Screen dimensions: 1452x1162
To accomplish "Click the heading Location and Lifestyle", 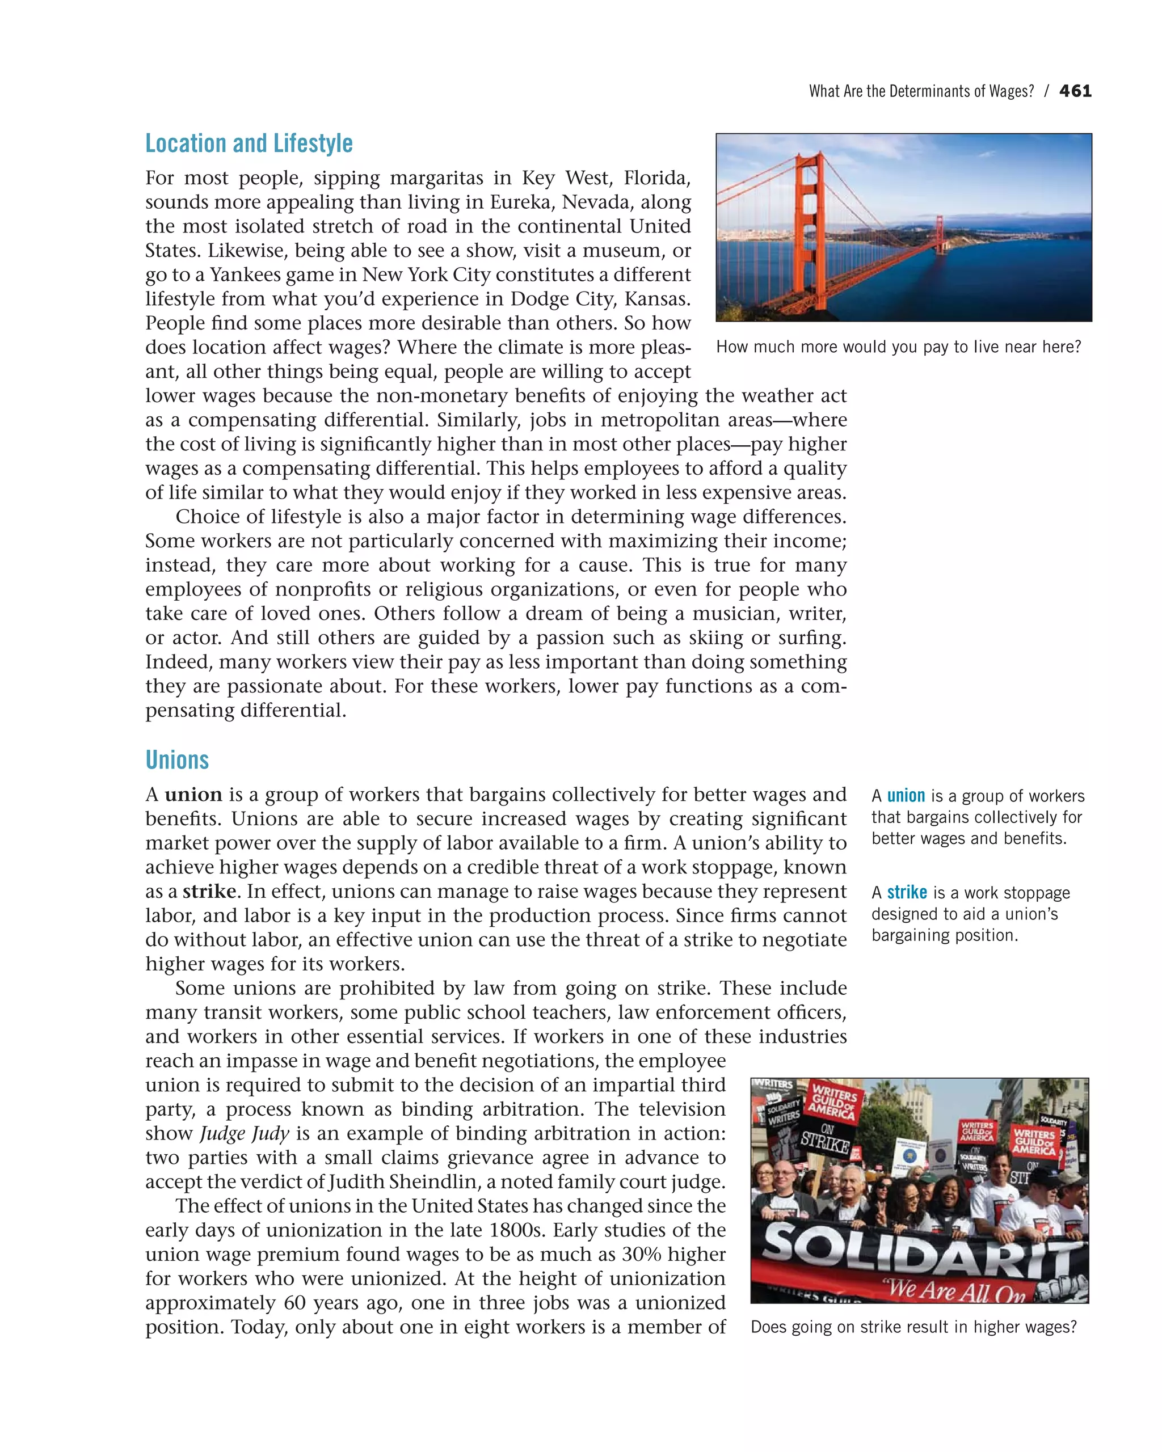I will coord(249,143).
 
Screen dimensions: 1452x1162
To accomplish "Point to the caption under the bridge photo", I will coord(898,347).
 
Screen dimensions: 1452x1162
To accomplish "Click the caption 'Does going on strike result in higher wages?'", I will coord(913,1327).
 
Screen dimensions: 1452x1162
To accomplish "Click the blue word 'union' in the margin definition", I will coord(906,796).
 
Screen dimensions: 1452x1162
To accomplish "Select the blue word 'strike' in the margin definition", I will coord(907,892).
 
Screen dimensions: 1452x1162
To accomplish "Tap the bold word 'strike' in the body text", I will coord(209,892).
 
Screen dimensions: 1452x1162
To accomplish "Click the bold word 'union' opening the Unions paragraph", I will coord(193,795).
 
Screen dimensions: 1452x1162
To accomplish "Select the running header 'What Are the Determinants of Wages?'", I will coord(921,91).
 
